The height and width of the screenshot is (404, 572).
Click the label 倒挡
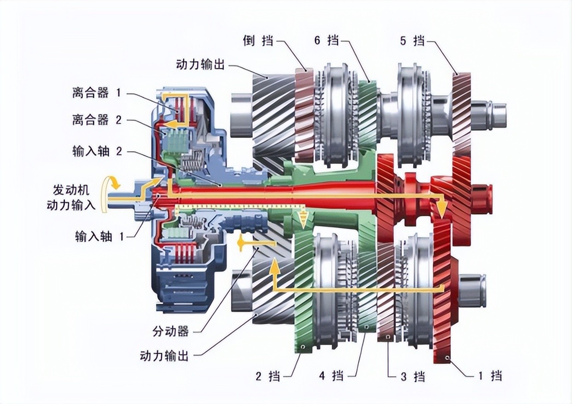tap(258, 41)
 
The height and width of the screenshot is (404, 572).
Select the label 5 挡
tap(412, 41)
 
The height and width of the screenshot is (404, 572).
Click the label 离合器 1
tap(96, 94)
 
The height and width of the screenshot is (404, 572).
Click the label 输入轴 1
tap(99, 237)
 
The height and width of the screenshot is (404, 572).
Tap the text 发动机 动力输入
tap(71, 198)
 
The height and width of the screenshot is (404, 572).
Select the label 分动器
tap(171, 331)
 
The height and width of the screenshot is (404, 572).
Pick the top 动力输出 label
tap(200, 64)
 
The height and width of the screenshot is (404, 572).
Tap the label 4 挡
tap(332, 376)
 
